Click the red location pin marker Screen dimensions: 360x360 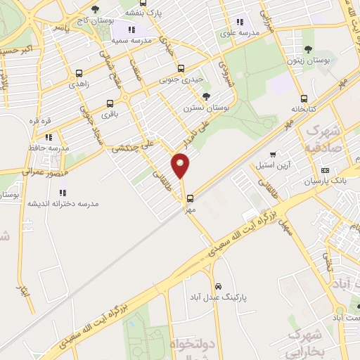tap(181, 167)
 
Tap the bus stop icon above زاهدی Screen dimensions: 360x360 tap(77, 72)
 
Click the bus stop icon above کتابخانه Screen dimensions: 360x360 tap(304, 98)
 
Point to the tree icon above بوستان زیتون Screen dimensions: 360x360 tap(308, 49)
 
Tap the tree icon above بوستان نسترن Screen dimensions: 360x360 tap(205, 97)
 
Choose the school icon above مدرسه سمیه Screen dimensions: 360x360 tap(131, 30)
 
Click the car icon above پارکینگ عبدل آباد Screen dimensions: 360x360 tap(218, 287)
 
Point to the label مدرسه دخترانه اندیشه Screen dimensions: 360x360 tap(63, 202)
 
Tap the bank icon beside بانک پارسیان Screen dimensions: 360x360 tap(325, 169)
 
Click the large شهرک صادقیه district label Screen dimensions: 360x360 tap(323, 139)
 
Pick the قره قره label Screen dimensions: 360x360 tap(41, 121)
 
